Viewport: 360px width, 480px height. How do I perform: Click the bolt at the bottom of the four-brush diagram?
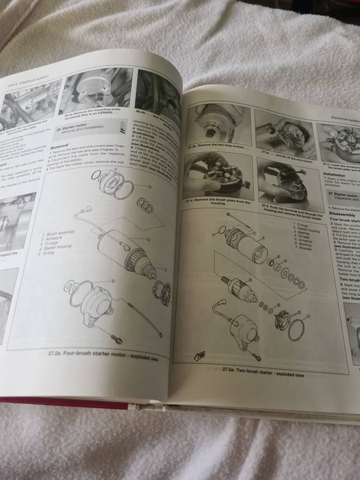tap(116, 339)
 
